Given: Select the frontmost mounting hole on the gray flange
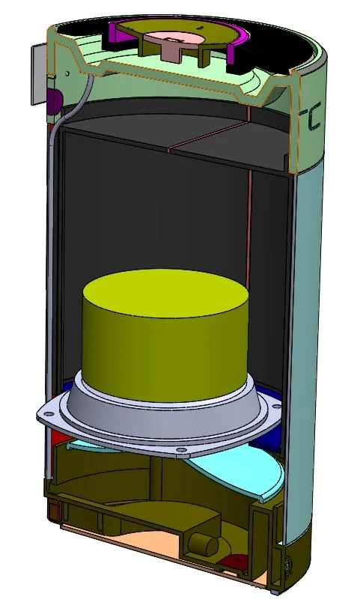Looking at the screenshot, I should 180,451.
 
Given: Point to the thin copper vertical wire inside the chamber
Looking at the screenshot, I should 248,225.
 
